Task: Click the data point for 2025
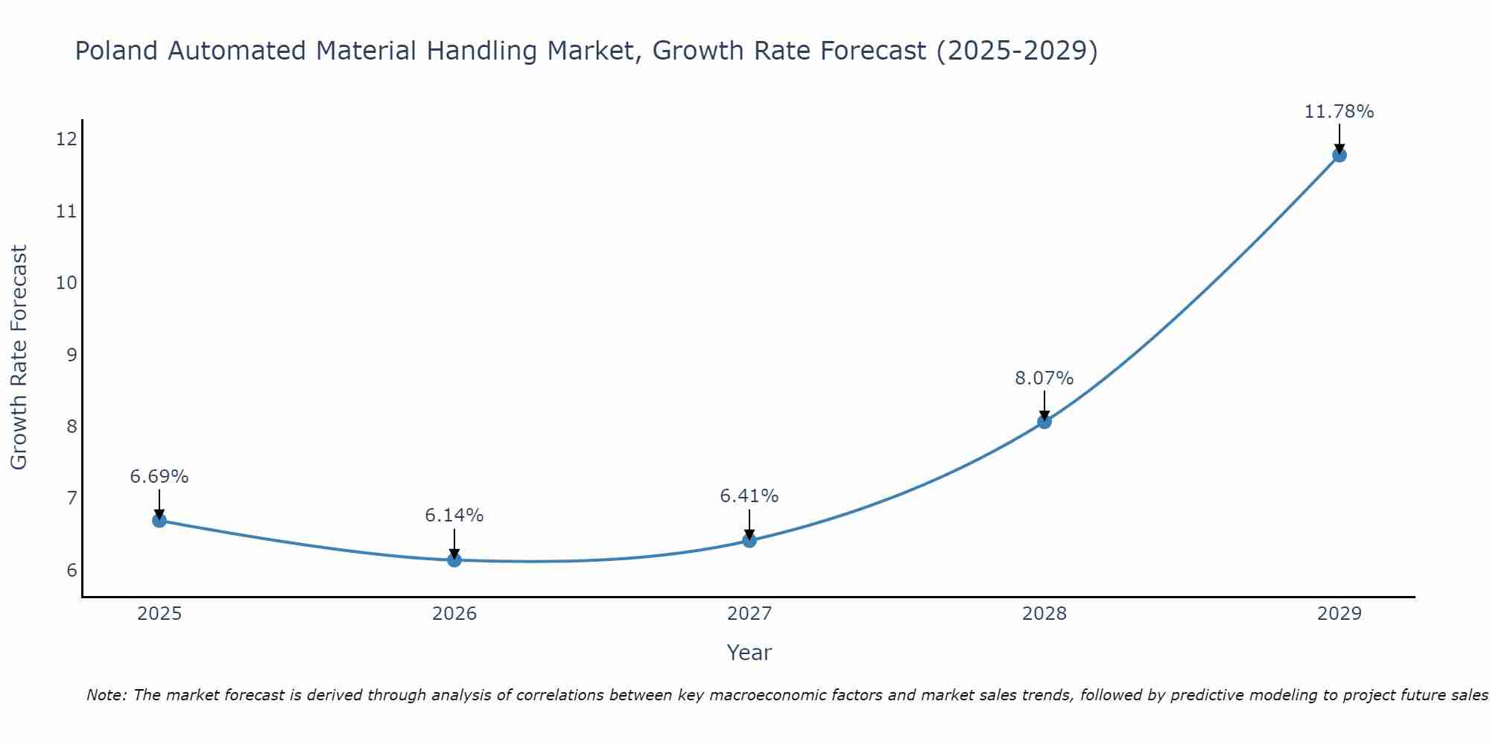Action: click(159, 520)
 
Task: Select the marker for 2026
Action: click(454, 559)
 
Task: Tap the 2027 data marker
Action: click(749, 540)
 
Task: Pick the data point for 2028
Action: click(1044, 422)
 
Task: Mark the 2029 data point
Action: click(1339, 155)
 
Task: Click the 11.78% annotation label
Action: click(1339, 112)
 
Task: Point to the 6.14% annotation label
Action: click(454, 516)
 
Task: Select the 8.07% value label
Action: click(1044, 378)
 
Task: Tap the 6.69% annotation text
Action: click(159, 477)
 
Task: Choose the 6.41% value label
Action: click(749, 496)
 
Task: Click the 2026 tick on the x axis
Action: click(454, 614)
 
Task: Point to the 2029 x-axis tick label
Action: click(1339, 614)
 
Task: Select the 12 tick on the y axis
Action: click(66, 139)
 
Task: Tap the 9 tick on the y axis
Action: click(72, 355)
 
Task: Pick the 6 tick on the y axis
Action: click(72, 571)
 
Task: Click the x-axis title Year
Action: click(749, 653)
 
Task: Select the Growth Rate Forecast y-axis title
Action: click(19, 357)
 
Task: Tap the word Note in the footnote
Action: click(106, 695)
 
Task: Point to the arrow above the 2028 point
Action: click(1044, 404)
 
